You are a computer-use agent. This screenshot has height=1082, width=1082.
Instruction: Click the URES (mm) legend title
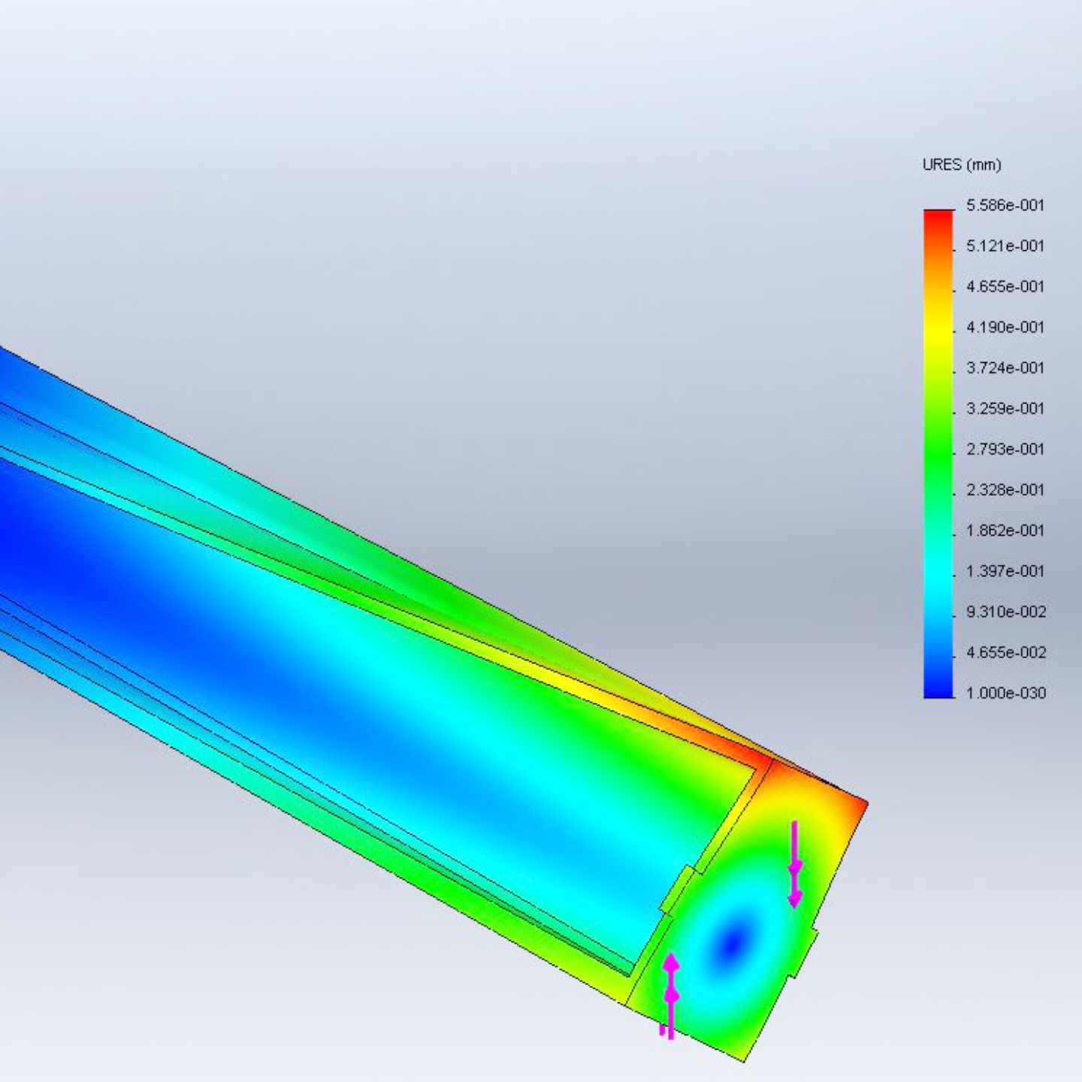961,165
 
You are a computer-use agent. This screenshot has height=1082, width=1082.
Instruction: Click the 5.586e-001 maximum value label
1005,206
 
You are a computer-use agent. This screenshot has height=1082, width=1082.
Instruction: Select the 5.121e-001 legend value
1005,246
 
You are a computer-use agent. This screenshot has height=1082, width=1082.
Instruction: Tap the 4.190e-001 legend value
1005,328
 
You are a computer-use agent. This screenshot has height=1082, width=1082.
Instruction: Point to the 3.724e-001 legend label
1005,367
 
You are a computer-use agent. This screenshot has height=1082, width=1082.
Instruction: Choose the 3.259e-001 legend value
1005,409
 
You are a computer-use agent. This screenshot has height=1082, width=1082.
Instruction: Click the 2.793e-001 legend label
1005,449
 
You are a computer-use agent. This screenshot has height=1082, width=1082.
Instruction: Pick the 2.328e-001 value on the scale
1005,490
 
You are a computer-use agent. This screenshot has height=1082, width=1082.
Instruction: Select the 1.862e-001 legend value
1005,530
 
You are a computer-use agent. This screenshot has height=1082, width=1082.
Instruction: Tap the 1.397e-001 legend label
1005,572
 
